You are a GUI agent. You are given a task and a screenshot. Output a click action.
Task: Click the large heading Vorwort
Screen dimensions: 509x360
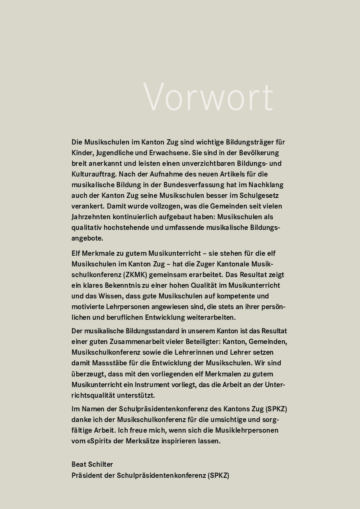coord(208,97)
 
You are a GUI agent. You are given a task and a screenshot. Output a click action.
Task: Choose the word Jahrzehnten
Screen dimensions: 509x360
coord(91,217)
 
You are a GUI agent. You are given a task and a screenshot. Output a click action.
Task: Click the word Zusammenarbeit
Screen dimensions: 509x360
coord(140,342)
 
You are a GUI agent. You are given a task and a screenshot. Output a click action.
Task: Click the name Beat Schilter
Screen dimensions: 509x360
coord(92,464)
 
